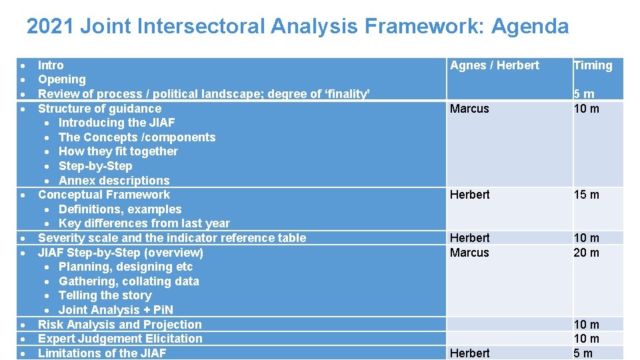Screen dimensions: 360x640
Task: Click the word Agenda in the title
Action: [530, 27]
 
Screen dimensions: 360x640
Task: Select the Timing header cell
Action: [593, 65]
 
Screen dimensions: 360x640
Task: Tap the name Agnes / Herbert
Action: [495, 65]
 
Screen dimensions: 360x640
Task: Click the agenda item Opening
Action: [62, 79]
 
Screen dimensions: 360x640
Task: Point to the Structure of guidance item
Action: [99, 109]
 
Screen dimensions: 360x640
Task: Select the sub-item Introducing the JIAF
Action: [117, 123]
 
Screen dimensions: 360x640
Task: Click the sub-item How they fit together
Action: [118, 151]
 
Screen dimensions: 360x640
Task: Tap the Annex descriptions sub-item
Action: [114, 181]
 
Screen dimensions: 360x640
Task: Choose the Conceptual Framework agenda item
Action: [104, 195]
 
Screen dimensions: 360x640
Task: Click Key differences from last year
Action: [144, 223]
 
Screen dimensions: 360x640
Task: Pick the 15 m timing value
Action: [586, 195]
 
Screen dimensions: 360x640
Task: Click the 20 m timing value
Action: [586, 253]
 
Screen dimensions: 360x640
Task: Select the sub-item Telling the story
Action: [105, 295]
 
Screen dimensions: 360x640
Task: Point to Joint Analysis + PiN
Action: [116, 310]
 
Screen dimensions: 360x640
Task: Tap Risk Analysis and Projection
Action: [120, 325]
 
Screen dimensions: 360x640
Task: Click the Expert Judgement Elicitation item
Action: [120, 339]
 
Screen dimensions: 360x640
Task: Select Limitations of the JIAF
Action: [102, 353]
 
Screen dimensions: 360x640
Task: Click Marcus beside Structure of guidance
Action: [469, 109]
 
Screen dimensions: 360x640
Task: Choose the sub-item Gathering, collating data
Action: [129, 281]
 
